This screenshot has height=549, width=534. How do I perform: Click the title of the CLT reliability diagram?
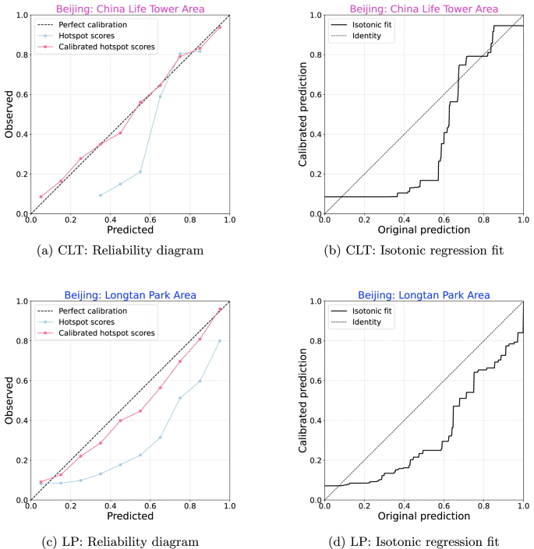click(129, 9)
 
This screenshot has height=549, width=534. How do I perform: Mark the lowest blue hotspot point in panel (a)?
click(101, 195)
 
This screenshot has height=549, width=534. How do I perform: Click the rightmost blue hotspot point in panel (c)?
click(220, 340)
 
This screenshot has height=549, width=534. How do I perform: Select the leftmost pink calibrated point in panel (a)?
click(41, 197)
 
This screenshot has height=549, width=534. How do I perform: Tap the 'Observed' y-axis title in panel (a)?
click(9, 114)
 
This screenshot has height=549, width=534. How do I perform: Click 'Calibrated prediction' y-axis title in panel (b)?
click(305, 114)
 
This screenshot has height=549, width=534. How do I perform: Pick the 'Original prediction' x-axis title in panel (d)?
click(424, 516)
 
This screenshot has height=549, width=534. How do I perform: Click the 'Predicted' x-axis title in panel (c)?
click(129, 516)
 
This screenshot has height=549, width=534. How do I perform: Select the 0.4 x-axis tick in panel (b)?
click(405, 220)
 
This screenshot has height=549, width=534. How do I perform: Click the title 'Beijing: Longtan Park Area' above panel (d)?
click(424, 295)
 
